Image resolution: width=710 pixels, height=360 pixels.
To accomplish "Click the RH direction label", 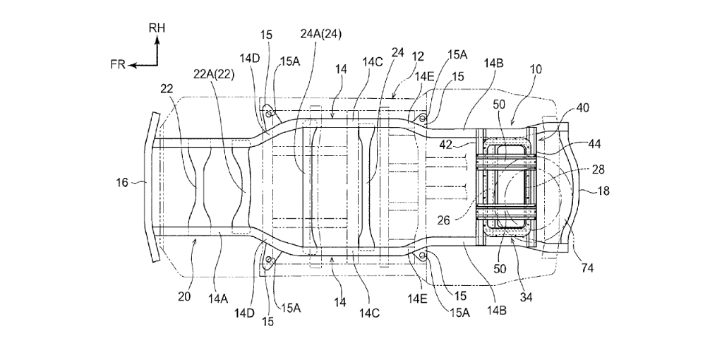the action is tap(157, 28).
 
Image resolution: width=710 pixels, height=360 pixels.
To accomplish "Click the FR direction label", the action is tap(118, 65).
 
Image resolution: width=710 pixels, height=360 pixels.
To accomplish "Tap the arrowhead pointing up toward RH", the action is tap(157, 40).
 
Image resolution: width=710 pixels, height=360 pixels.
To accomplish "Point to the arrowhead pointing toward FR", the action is tap(133, 65).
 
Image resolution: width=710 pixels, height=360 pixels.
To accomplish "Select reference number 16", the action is tap(122, 183).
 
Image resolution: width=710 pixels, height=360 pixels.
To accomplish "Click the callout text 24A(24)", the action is tap(320, 35).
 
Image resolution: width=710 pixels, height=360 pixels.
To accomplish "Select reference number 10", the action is tap(536, 70).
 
